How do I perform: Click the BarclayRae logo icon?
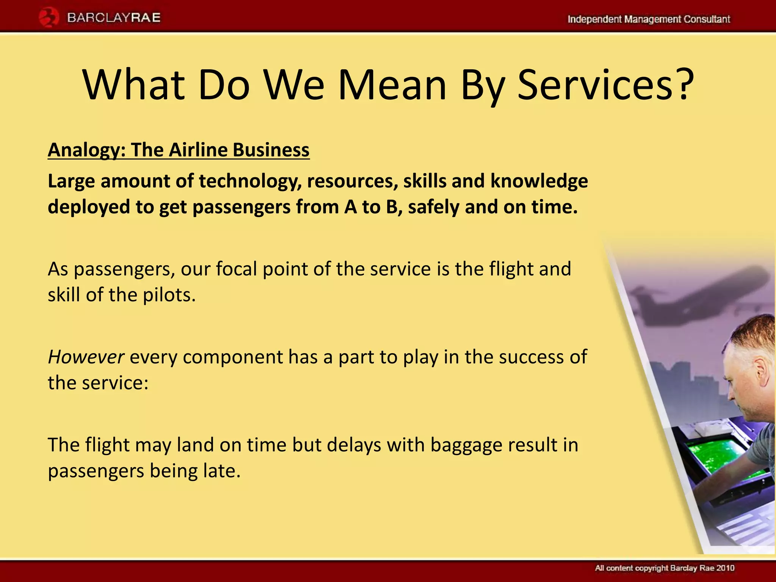[48, 18]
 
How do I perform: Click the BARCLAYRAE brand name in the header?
[114, 18]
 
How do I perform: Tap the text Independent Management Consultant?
[648, 19]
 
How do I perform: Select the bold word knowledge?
[539, 181]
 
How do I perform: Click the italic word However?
[86, 357]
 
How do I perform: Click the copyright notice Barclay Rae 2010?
[664, 568]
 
